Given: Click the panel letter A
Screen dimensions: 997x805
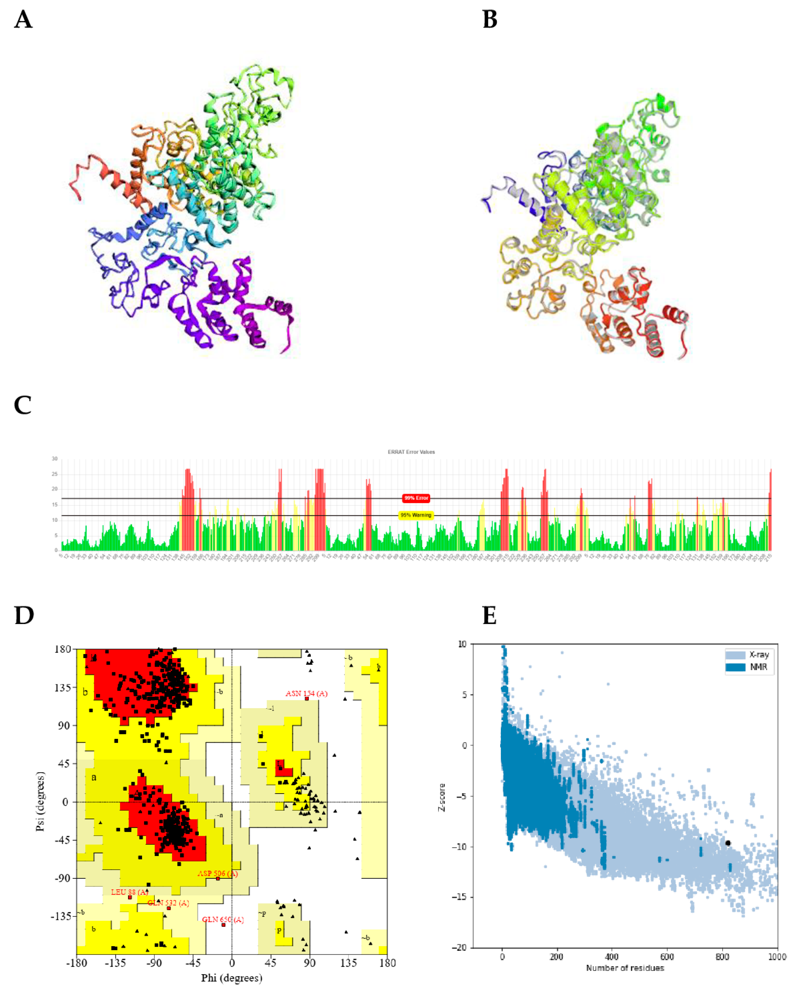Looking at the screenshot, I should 23,20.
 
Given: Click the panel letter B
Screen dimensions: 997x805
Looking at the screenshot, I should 490,20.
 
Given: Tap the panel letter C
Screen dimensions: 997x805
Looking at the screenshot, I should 23,405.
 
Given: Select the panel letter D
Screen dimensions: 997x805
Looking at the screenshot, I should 24,616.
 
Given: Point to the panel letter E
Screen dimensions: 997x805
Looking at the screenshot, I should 489,616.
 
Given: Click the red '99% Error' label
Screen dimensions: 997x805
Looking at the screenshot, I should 416,498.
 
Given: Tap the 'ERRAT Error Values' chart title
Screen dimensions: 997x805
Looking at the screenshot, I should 411,452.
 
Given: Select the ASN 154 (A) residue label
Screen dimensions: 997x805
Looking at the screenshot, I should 306,694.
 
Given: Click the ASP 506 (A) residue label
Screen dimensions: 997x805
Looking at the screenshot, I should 218,874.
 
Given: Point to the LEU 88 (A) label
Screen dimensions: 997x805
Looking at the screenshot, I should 129,892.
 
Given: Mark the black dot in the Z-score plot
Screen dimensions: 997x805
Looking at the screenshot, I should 727,843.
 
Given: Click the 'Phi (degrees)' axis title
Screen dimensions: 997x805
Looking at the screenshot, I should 231,978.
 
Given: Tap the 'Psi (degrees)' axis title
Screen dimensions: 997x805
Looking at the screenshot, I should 40,802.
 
